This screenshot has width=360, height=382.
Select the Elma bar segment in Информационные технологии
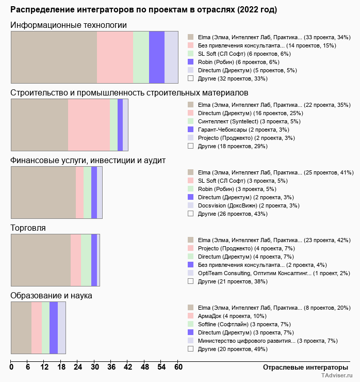(x=54, y=57)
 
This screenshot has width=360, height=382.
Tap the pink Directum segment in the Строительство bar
(x=89, y=125)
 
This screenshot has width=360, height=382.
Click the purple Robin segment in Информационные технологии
(x=156, y=57)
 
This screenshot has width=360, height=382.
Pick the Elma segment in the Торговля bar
(x=41, y=260)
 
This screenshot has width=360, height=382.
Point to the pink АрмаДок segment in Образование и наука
(x=37, y=328)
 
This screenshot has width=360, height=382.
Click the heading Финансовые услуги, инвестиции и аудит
(x=88, y=161)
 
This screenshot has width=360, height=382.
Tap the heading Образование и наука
(x=51, y=296)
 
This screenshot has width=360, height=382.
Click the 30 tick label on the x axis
(x=94, y=368)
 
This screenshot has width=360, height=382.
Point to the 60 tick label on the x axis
(x=178, y=368)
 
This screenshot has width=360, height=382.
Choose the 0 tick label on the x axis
(x=11, y=368)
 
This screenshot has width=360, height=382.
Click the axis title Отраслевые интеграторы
(x=302, y=368)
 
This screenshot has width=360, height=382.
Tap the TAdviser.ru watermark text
(x=337, y=376)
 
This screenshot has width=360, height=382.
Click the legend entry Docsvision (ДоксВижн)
(x=242, y=205)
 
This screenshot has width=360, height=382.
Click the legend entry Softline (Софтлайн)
(x=237, y=324)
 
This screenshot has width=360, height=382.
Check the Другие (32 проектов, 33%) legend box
(x=190, y=78)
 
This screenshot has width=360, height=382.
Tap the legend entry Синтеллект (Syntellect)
(x=237, y=121)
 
